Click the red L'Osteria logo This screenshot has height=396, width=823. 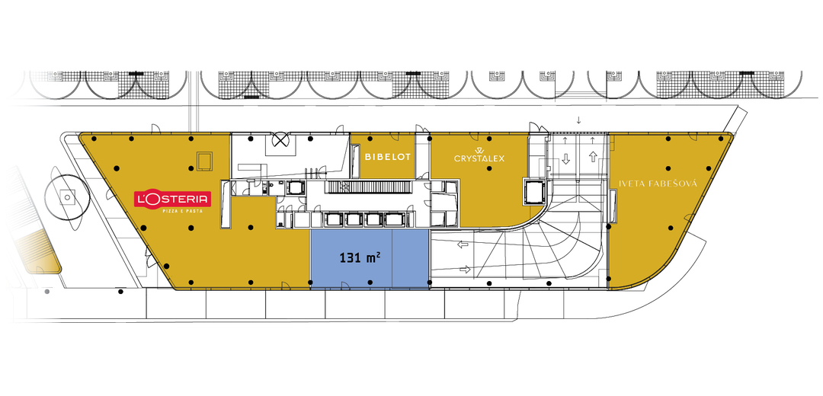[173, 199]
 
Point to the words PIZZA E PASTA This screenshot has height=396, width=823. [182, 212]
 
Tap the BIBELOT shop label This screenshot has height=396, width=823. [387, 157]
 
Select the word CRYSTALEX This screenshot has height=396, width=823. [479, 158]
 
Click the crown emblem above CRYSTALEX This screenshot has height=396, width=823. [479, 151]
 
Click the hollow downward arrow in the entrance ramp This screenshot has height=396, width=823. [565, 158]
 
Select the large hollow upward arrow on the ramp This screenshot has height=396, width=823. [593, 156]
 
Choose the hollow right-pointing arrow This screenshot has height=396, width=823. [465, 270]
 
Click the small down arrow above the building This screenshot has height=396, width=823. [578, 120]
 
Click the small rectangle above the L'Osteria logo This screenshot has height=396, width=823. [204, 161]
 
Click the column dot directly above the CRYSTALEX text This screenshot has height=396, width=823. [489, 139]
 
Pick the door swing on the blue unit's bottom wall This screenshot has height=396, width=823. [347, 285]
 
